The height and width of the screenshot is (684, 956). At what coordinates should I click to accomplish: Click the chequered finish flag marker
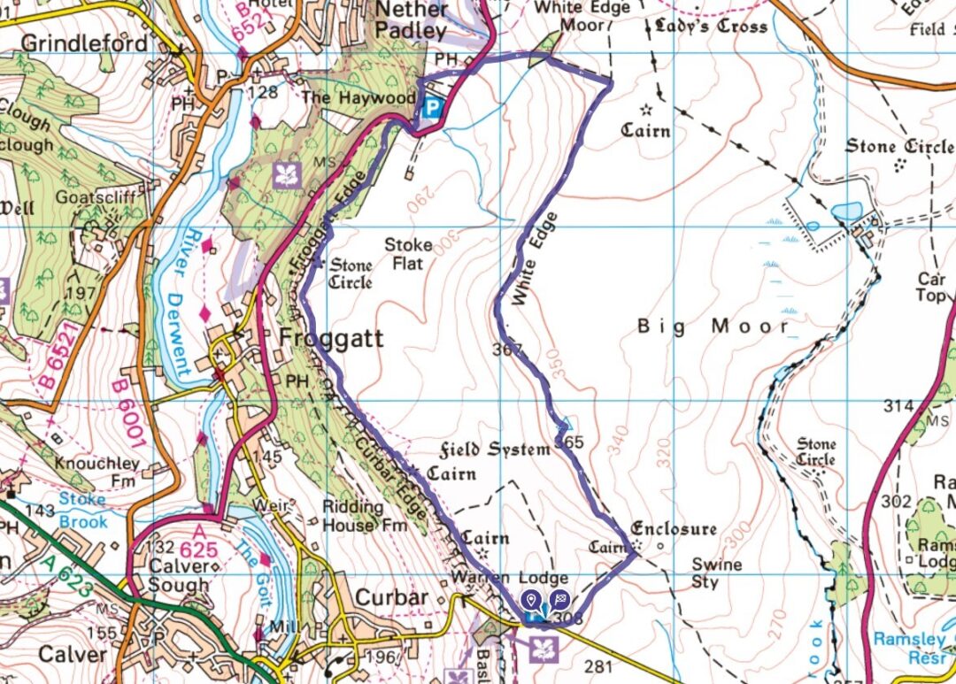(x=559, y=600)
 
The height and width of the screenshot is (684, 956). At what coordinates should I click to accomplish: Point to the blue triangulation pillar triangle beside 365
(x=563, y=427)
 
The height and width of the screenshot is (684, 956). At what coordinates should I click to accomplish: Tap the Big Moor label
(x=713, y=327)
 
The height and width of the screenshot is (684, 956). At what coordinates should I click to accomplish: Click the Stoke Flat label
(x=408, y=254)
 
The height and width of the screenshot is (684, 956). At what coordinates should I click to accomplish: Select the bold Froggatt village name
(x=331, y=338)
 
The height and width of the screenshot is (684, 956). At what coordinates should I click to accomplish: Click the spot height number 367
(x=508, y=350)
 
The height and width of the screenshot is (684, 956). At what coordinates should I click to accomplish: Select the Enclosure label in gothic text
(x=674, y=529)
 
